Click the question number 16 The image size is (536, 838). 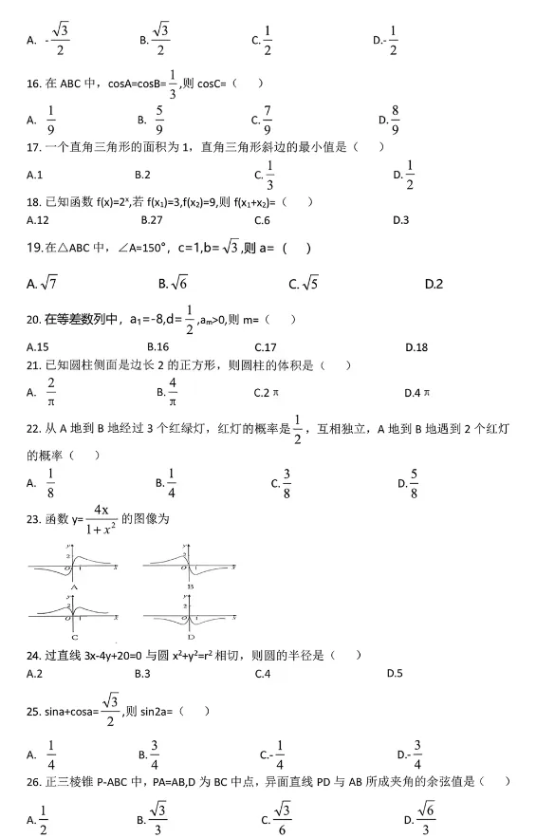coord(33,83)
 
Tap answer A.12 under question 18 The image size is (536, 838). coord(38,219)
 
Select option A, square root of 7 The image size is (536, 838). coord(43,283)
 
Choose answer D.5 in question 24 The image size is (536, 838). coord(397,674)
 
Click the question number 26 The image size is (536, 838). coord(34,781)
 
